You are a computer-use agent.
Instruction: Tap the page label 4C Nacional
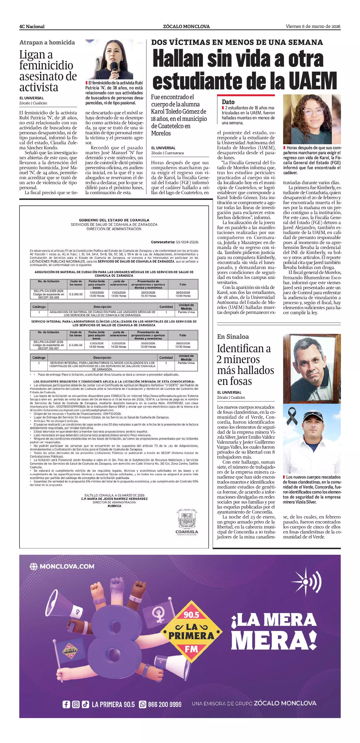pyautogui.click(x=32, y=27)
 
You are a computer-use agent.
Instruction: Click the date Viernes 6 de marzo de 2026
pyautogui.click(x=313, y=27)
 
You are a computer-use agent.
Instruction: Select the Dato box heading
pyautogui.click(x=228, y=102)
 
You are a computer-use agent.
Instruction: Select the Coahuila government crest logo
pyautogui.click(x=187, y=519)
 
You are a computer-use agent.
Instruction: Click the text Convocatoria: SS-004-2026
pyautogui.click(x=174, y=242)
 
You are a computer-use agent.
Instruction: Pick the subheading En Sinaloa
pyautogui.click(x=233, y=337)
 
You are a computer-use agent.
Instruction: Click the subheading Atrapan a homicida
pyautogui.click(x=47, y=42)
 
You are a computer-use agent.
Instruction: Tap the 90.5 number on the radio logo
pyautogui.click(x=191, y=615)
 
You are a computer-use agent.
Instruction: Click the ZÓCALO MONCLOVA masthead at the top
pyautogui.click(x=186, y=27)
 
